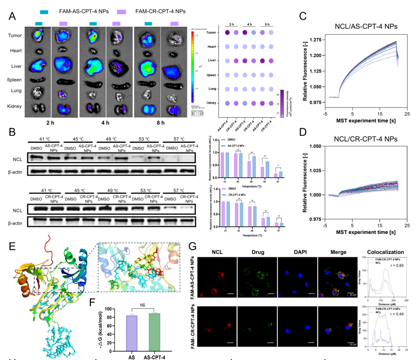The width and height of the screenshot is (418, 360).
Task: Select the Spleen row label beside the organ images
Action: [x=14, y=79]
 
